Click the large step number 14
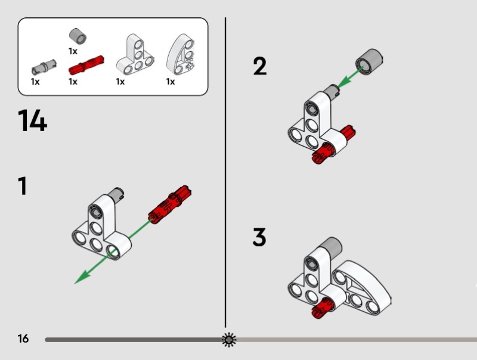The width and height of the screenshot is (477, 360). (33, 121)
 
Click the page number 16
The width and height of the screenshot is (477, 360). (23, 339)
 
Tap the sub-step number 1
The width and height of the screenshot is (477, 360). (23, 186)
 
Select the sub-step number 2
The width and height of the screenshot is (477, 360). (259, 66)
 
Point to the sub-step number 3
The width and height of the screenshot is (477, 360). (259, 237)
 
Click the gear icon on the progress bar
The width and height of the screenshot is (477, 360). (229, 340)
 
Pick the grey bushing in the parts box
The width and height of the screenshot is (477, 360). (78, 36)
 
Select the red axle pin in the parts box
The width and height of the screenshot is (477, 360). (86, 65)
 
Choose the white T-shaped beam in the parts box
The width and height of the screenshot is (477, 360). (135, 55)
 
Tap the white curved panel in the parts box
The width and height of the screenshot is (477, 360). (181, 54)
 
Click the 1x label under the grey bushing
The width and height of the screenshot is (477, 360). (73, 51)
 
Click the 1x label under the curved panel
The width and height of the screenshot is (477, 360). (171, 82)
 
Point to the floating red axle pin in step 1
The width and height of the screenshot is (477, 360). (169, 204)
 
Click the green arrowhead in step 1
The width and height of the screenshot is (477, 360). (82, 277)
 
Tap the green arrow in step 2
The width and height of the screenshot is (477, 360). (351, 77)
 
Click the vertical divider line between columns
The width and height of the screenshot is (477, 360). (225, 172)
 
